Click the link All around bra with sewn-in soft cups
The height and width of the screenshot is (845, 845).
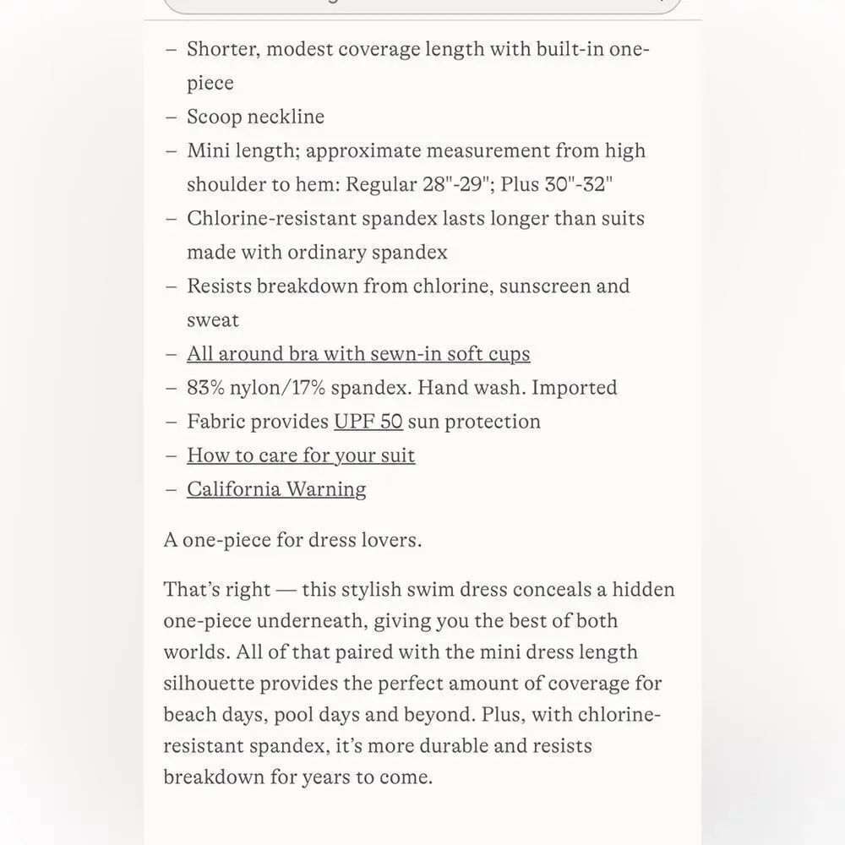pos(358,353)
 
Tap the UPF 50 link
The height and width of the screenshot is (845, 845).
pos(368,421)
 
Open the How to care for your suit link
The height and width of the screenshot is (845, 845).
pos(301,455)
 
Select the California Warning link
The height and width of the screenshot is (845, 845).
pos(276,489)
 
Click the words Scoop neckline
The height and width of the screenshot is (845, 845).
pos(255,117)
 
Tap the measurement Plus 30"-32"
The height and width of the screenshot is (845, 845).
pos(557,184)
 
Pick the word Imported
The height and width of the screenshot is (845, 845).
pos(575,388)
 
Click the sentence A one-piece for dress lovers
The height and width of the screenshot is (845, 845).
pos(292,540)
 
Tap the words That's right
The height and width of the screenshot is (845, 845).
pos(217,589)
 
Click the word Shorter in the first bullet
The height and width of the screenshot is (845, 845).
pos(222,49)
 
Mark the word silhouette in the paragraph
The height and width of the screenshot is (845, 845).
pos(208,683)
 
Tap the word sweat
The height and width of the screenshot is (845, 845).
pos(213,320)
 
